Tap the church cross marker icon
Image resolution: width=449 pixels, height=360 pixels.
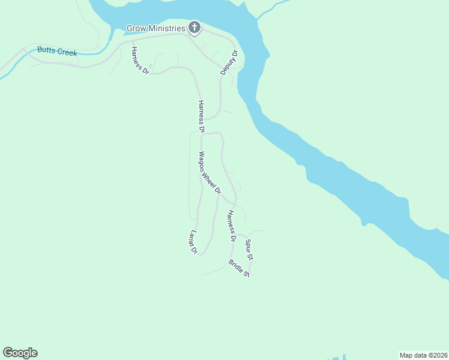(194, 27)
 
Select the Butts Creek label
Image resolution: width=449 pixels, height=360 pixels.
(57, 52)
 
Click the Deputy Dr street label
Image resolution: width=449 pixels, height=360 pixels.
(229, 62)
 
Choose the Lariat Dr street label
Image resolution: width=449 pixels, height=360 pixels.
(193, 241)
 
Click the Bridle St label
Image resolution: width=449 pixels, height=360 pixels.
(239, 268)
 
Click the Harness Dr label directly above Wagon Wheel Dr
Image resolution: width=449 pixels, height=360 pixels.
(201, 116)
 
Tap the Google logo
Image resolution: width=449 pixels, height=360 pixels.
(20, 352)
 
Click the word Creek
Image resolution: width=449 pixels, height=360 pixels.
(67, 53)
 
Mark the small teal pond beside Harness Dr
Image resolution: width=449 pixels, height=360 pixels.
(149, 66)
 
